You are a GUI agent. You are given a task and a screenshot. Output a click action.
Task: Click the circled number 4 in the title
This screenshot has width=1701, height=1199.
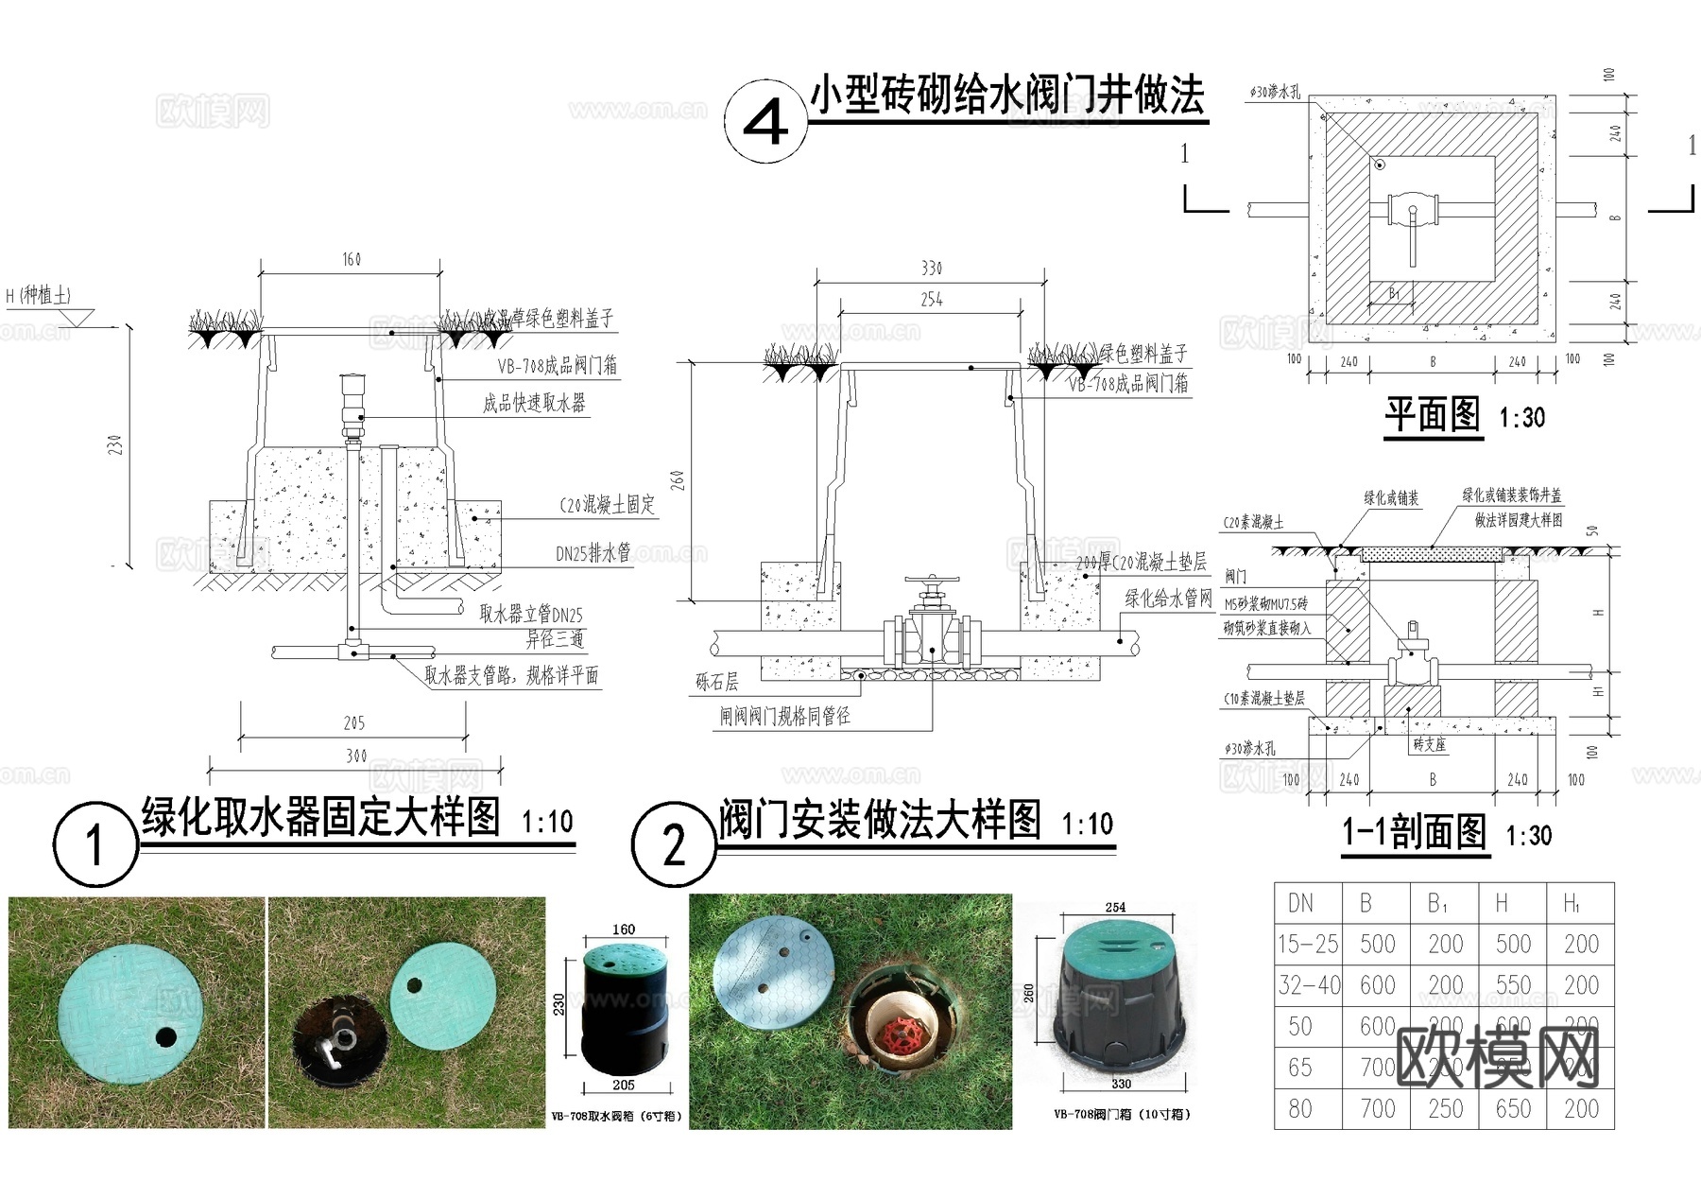(x=765, y=122)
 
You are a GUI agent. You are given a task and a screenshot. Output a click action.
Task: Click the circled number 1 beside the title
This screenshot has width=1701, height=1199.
(x=94, y=843)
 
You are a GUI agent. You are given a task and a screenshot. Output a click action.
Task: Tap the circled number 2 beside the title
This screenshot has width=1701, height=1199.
(x=673, y=844)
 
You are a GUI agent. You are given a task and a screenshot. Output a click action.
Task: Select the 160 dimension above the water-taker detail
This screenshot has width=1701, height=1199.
(x=351, y=259)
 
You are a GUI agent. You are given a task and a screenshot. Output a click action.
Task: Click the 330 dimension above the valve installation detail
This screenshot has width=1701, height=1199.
(x=932, y=269)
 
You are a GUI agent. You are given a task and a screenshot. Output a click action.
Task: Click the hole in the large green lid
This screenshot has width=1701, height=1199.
(x=166, y=1036)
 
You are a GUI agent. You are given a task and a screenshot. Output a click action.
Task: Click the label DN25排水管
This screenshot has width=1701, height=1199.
(x=593, y=554)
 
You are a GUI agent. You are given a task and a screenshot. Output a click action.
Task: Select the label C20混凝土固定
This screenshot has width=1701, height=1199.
(x=607, y=505)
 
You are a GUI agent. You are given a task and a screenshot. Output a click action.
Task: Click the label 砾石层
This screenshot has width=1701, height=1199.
(x=716, y=682)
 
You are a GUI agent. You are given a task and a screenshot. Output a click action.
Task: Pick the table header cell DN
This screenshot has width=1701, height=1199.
(x=1301, y=903)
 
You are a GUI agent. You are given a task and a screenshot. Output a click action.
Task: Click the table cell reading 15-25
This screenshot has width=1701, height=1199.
(x=1307, y=944)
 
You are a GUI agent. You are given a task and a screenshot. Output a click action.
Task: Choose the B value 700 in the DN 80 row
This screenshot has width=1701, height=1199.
(x=1377, y=1108)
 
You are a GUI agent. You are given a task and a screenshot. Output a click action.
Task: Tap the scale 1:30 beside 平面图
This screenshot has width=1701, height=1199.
(x=1521, y=417)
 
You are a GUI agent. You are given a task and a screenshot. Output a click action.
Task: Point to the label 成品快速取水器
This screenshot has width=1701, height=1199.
(x=534, y=404)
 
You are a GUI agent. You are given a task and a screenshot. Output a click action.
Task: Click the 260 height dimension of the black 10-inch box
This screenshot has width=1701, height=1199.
(x=1028, y=994)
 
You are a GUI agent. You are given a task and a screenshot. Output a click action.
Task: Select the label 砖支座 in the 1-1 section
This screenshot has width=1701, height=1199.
(x=1429, y=744)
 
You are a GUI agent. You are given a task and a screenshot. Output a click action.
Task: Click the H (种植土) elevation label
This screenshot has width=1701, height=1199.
(x=39, y=296)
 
